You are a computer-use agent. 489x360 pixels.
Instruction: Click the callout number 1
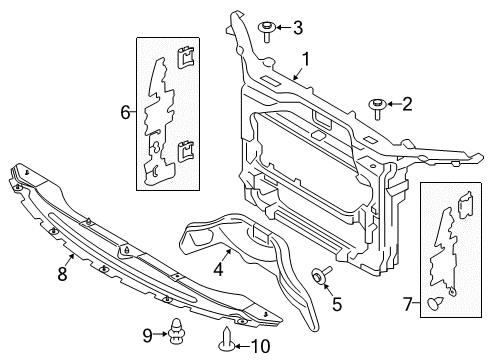click(308, 59)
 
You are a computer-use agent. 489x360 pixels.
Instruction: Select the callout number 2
click(407, 103)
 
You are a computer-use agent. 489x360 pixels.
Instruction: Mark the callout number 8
click(62, 273)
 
